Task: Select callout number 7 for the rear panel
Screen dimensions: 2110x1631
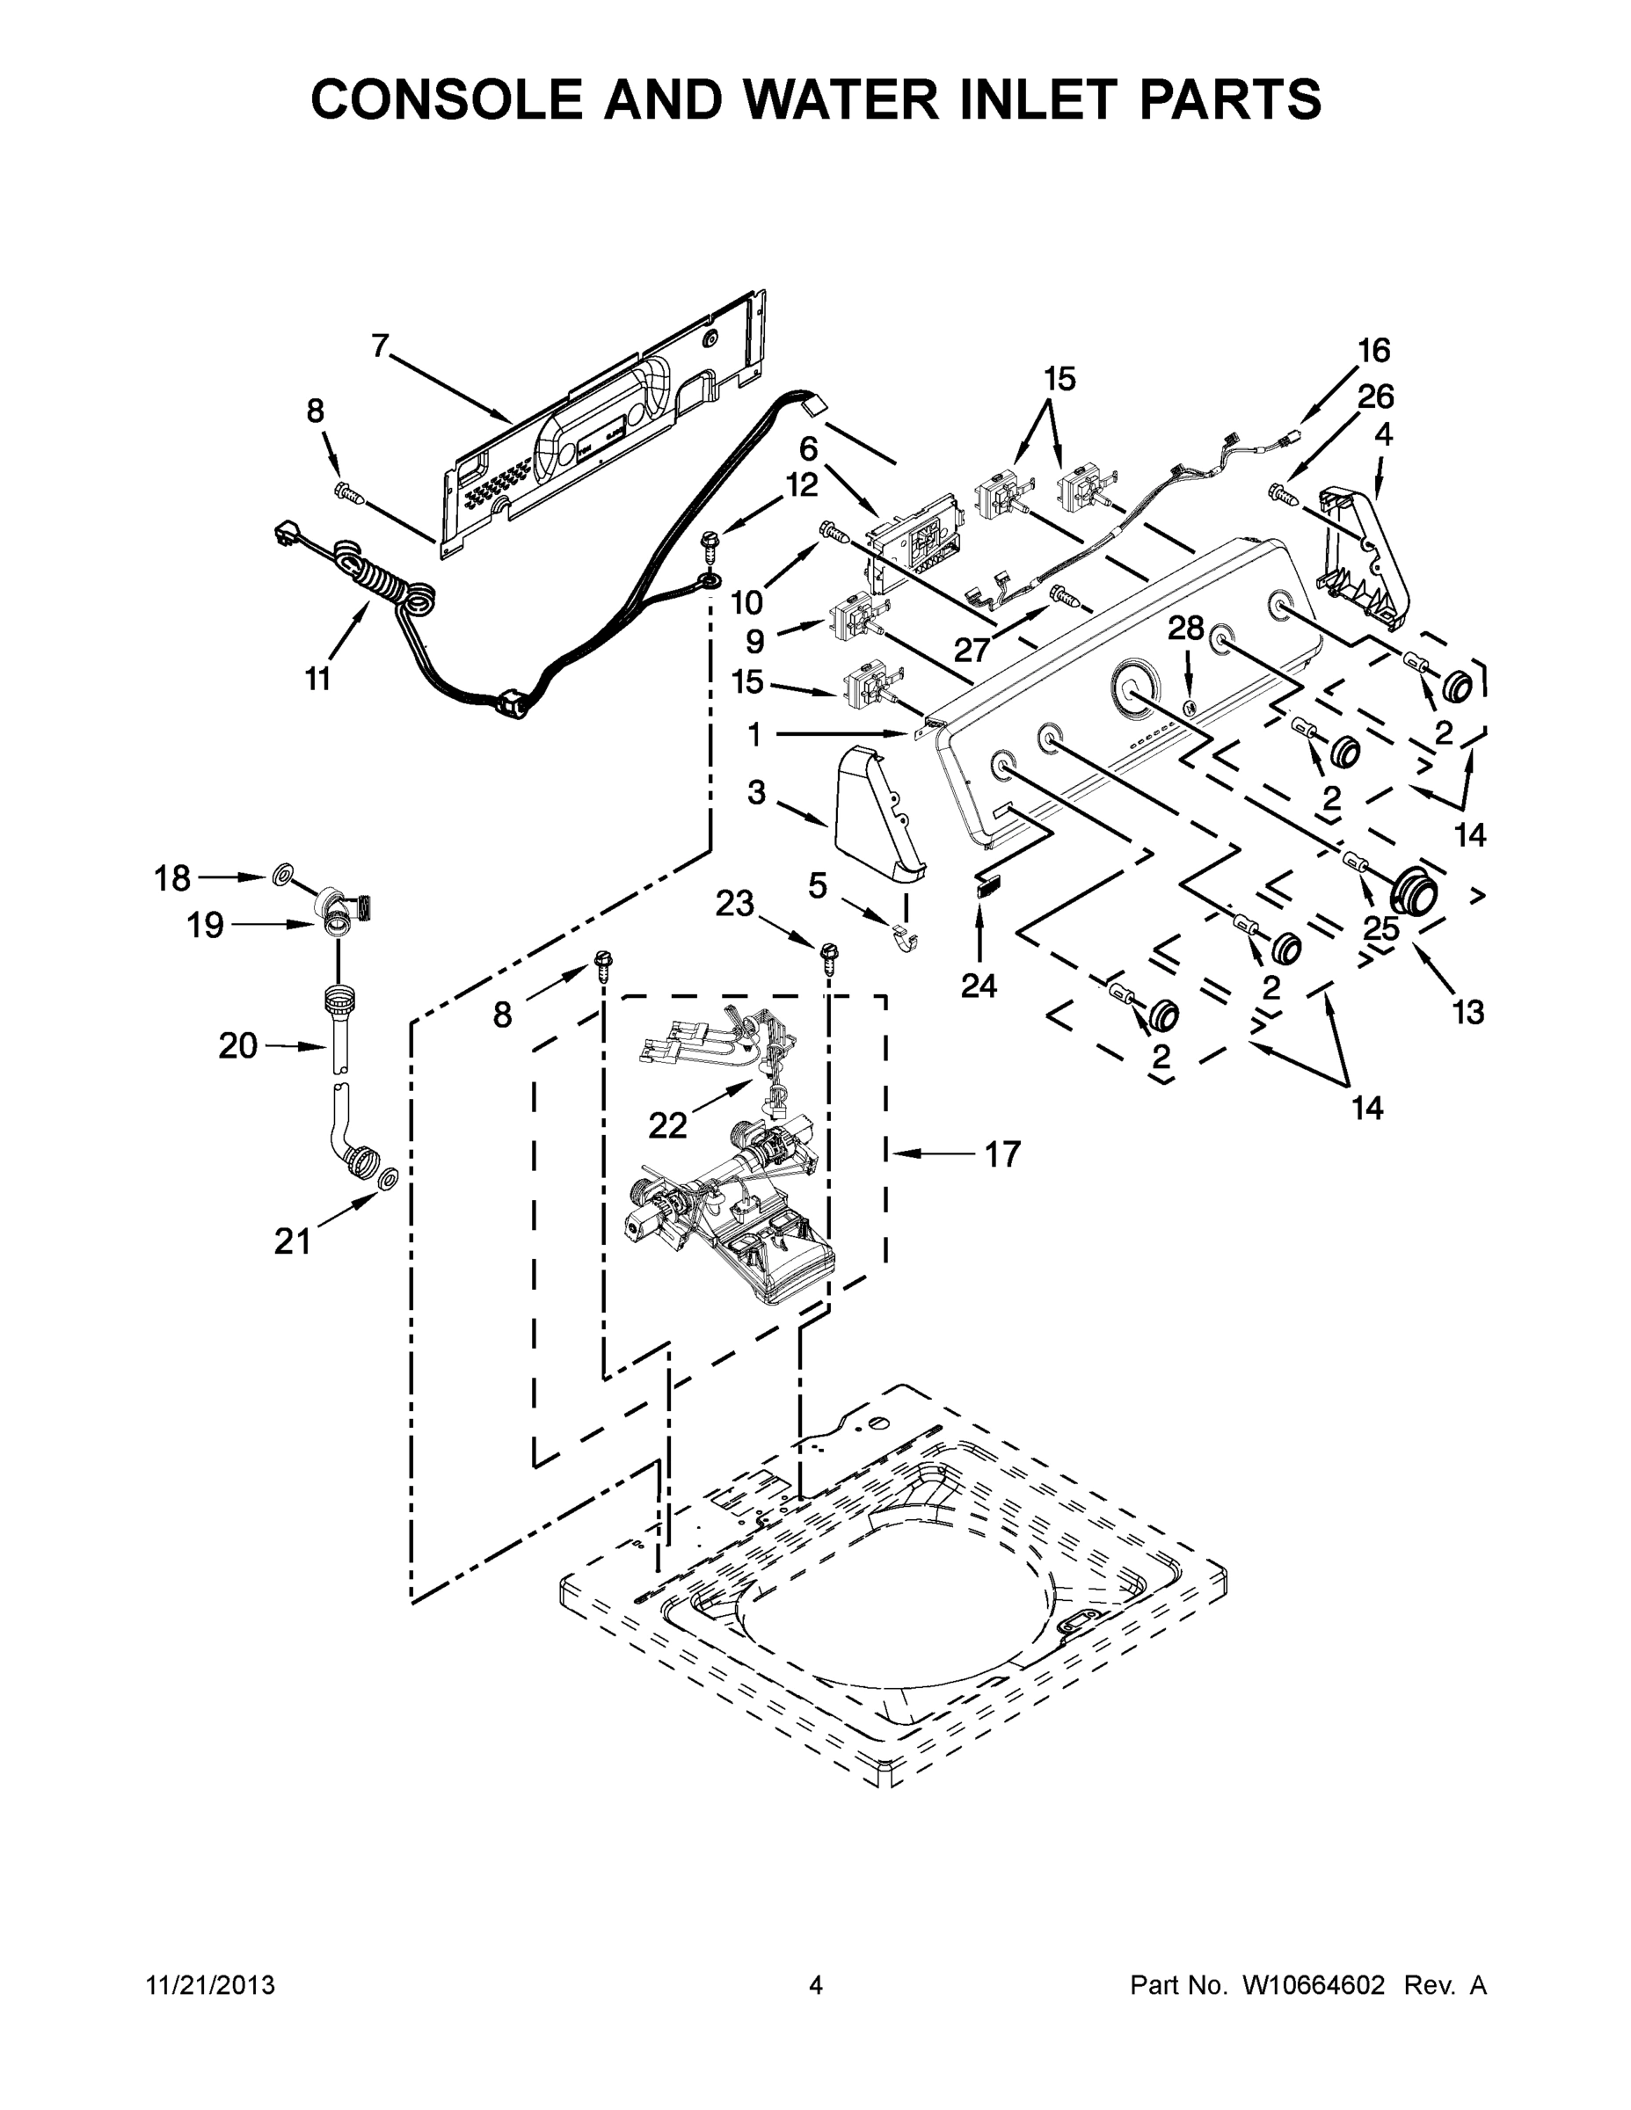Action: click(381, 345)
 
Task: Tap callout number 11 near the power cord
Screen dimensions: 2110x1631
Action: click(318, 680)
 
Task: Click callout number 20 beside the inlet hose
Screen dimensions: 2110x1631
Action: click(237, 1045)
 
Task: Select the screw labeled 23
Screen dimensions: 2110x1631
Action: click(828, 954)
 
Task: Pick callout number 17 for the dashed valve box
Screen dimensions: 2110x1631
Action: click(1002, 1153)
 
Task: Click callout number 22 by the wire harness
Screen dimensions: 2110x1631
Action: click(666, 1124)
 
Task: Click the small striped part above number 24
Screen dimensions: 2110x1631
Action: click(984, 888)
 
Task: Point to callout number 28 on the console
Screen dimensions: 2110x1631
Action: click(1185, 628)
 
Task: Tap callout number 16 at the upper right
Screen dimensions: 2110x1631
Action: click(1373, 351)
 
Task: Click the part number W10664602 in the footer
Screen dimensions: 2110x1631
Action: click(1314, 1984)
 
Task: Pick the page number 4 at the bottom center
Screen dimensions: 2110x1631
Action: click(816, 1984)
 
